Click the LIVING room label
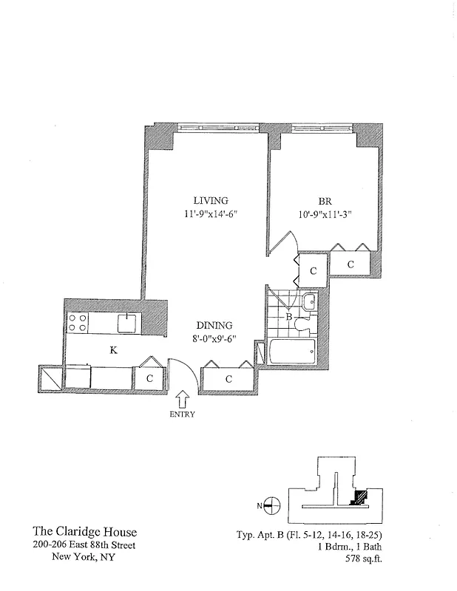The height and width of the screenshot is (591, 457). [x=211, y=200]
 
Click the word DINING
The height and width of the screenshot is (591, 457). [x=214, y=325]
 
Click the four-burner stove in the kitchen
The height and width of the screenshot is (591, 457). [x=78, y=323]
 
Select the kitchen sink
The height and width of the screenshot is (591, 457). [x=127, y=322]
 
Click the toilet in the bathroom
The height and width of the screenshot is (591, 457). [x=308, y=302]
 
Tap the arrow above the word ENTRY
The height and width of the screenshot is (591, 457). [x=183, y=399]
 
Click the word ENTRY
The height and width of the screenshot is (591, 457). [x=183, y=414]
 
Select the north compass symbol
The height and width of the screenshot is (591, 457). [x=271, y=506]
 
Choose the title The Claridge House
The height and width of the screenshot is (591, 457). [x=85, y=532]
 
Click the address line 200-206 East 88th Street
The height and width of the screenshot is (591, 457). [x=85, y=545]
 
